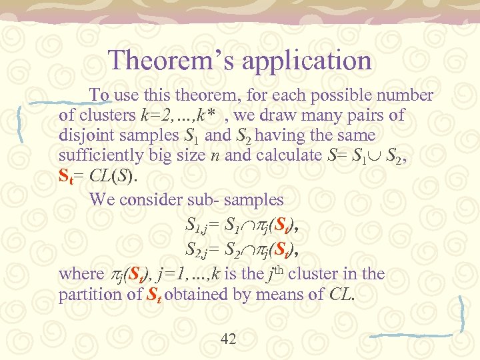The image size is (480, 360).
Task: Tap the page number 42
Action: coord(228,339)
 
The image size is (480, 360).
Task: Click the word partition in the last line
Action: coord(89,295)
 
